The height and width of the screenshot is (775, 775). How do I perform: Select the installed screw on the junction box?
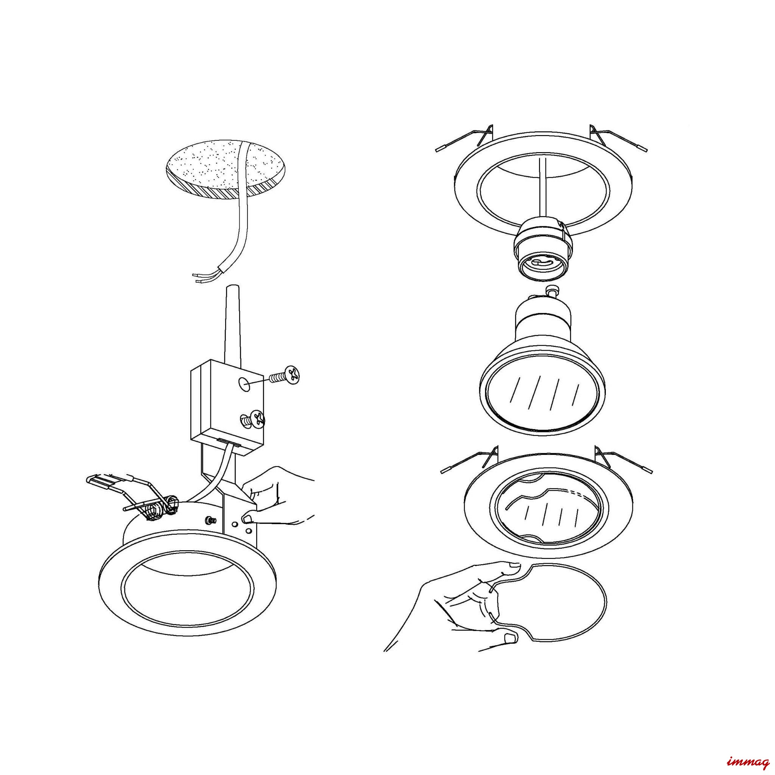[x=253, y=420]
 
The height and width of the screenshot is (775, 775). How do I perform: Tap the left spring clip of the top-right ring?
[x=465, y=140]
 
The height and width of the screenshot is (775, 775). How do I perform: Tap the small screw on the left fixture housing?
[x=209, y=520]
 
